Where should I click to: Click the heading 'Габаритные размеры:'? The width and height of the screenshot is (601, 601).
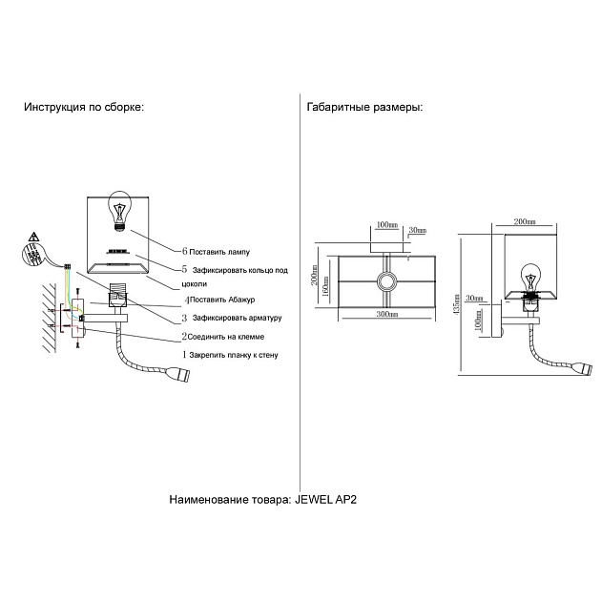pyautogui.click(x=364, y=108)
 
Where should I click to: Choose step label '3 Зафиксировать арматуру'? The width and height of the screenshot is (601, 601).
pyautogui.click(x=229, y=318)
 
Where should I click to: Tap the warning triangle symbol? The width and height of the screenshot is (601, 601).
pyautogui.click(x=33, y=236)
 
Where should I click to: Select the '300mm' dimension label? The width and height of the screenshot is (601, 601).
pyautogui.click(x=386, y=314)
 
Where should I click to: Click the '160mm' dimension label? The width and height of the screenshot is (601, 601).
pyautogui.click(x=326, y=283)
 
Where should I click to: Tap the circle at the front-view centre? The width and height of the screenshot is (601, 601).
pyautogui.click(x=386, y=280)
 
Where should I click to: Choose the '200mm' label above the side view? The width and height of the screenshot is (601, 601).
pyautogui.click(x=524, y=221)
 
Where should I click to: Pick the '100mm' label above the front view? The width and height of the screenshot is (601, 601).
pyautogui.click(x=385, y=225)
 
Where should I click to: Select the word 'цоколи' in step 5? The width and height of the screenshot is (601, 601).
pyautogui.click(x=194, y=284)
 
